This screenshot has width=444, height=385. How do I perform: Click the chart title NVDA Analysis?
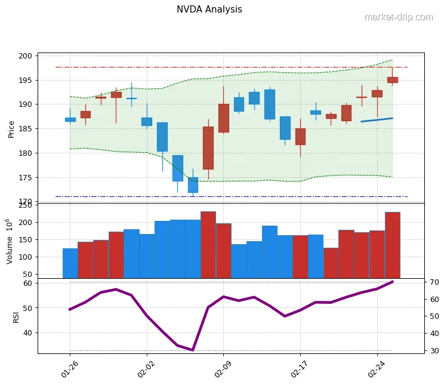[209, 10]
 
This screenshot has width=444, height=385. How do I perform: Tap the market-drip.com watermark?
[398, 17]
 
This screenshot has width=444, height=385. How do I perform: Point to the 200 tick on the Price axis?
[25, 56]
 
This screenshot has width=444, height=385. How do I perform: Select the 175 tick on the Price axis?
[25, 178]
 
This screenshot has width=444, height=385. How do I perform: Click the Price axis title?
[11, 128]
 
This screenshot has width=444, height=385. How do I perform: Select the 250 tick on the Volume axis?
[25, 205]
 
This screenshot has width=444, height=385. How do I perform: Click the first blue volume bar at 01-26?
[70, 263]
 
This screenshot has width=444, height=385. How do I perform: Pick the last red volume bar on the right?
[392, 245]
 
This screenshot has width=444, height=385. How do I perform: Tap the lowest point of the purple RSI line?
[193, 350]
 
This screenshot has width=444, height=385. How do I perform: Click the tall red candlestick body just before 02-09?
[208, 147]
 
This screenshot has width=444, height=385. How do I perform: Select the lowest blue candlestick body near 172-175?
[193, 185]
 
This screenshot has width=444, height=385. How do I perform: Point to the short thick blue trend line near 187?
[377, 120]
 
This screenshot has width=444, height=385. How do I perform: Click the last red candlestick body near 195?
[392, 80]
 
